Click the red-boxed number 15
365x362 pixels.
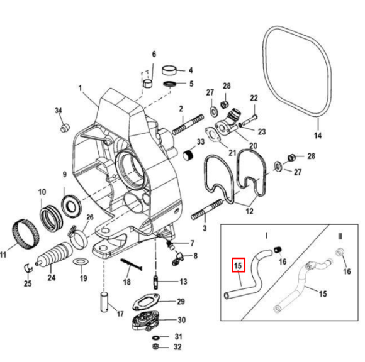point(238,266)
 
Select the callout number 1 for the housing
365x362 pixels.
point(81,89)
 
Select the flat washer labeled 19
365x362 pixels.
point(81,261)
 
